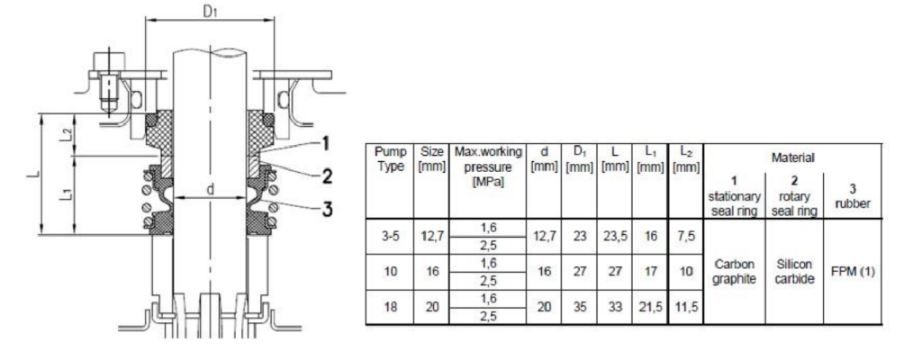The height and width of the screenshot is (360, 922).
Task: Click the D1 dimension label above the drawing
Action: tap(211, 11)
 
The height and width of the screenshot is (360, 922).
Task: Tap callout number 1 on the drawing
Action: tap(325, 144)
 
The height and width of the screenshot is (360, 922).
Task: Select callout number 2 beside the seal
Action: tap(327, 175)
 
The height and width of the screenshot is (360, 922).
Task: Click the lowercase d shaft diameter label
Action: tap(211, 189)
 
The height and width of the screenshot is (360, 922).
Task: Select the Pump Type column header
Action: tap(390, 158)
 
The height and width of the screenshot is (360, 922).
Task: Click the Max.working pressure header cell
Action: tap(487, 166)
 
